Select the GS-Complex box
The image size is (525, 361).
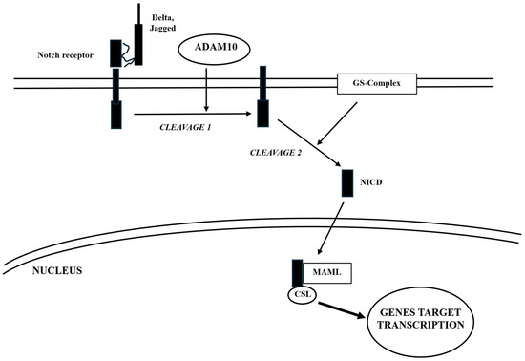[x=379, y=84]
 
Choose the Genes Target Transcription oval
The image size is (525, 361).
[x=419, y=320]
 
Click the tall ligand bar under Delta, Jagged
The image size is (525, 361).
[x=139, y=38]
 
